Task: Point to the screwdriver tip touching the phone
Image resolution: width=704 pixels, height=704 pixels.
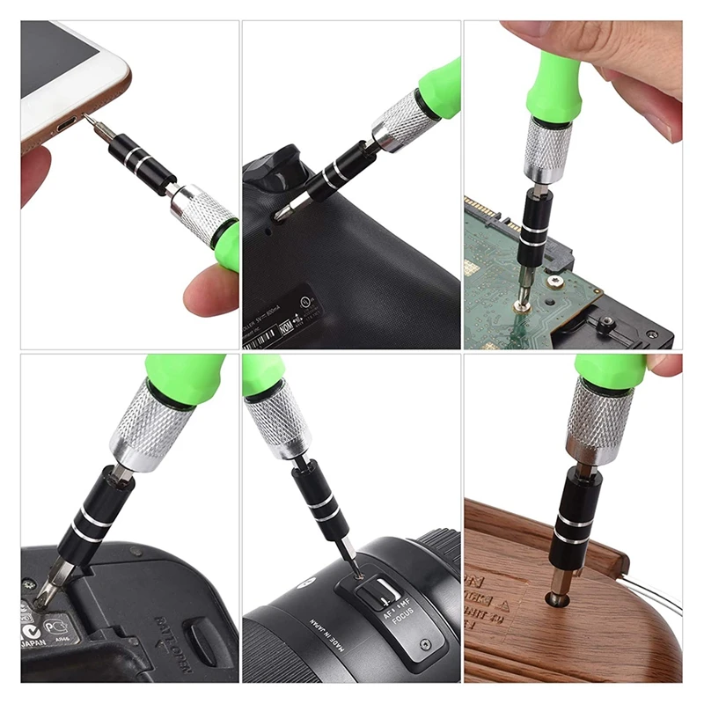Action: (x=91, y=120)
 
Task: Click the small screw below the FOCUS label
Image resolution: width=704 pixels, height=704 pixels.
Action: (x=426, y=644)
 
